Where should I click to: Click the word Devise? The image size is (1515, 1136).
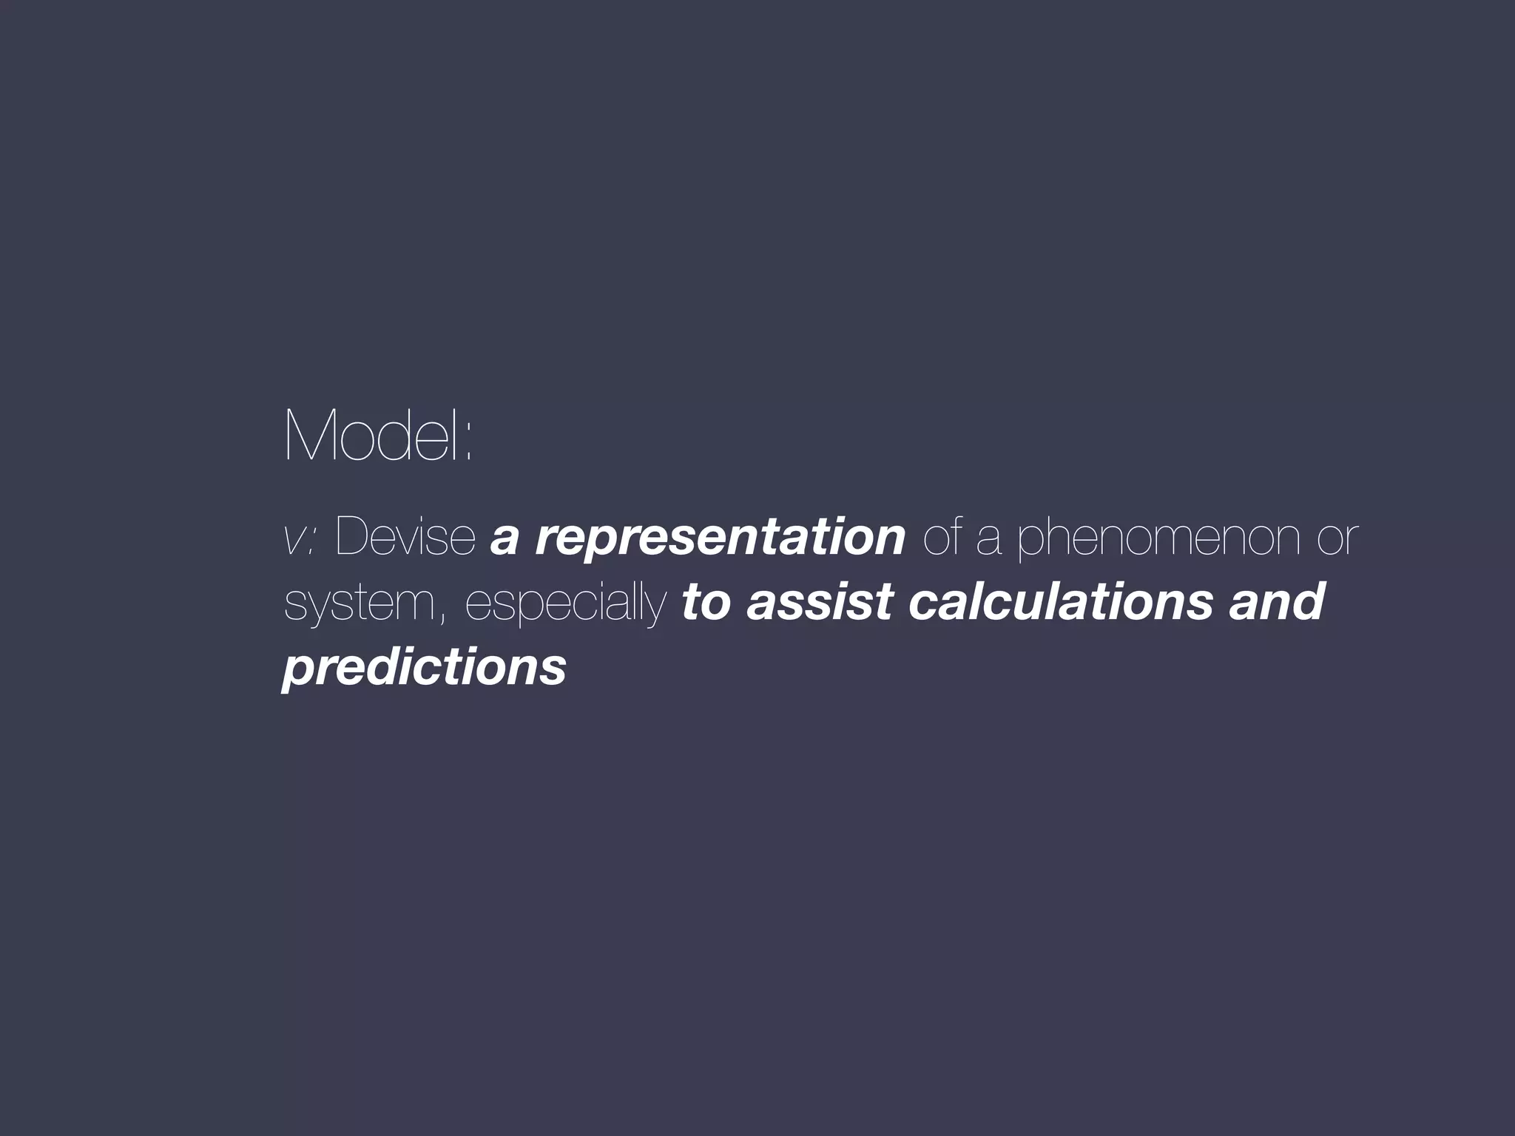[405, 536]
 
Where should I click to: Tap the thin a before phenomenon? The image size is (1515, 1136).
[989, 540]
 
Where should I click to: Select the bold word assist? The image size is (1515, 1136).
[820, 601]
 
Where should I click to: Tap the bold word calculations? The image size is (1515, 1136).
[1060, 601]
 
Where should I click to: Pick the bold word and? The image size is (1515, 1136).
[1276, 601]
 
